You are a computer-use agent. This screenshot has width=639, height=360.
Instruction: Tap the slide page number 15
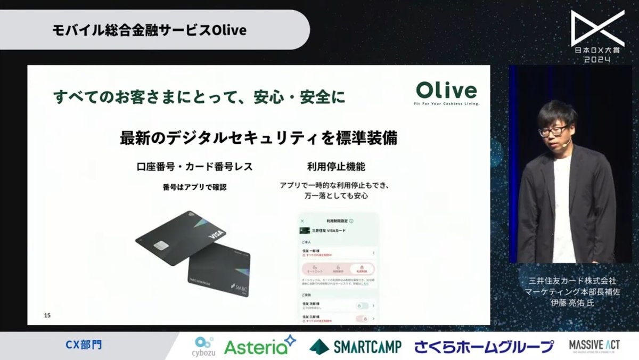[x=47, y=316]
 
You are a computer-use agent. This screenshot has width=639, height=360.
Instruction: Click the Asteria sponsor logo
[x=259, y=347]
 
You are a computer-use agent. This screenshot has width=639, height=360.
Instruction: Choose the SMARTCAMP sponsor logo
[x=355, y=347]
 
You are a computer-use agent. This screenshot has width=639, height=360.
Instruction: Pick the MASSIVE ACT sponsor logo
[x=594, y=346]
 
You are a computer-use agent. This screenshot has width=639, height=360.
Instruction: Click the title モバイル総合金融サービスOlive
[x=150, y=30]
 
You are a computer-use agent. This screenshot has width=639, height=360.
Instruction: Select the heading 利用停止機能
[x=336, y=167]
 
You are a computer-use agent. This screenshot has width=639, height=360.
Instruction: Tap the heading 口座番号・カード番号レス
[x=194, y=167]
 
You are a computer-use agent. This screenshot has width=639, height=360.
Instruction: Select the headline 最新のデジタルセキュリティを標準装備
[x=259, y=138]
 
